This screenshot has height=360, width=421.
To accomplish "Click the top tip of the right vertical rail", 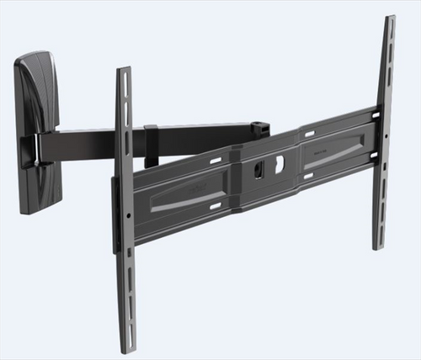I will [389, 19].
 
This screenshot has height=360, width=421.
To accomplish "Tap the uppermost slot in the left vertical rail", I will [124, 84].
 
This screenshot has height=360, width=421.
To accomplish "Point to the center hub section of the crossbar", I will [268, 168].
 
